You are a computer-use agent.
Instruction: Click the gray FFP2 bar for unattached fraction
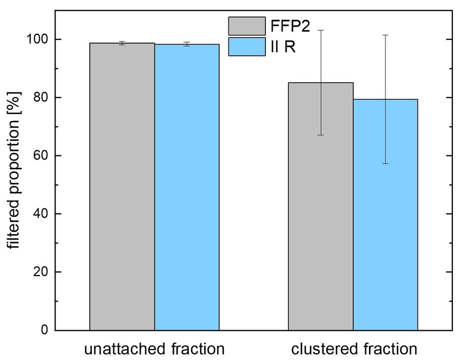tap(122, 187)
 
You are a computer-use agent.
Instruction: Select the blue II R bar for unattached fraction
tap(187, 187)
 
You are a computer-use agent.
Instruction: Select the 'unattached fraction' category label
tap(155, 349)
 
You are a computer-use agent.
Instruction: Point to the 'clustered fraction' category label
tap(354, 349)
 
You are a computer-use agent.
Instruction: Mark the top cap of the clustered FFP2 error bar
tap(320, 30)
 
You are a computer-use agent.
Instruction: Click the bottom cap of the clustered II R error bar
tap(385, 164)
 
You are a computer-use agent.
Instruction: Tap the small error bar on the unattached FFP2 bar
tap(122, 43)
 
